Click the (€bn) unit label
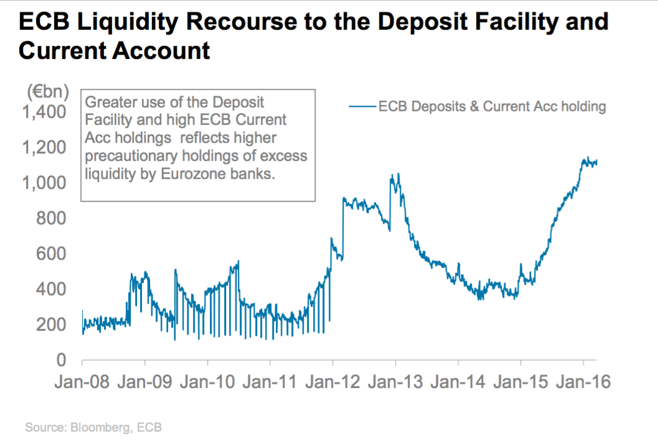[48, 92]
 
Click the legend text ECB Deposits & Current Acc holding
[492, 106]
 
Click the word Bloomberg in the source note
[96, 427]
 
